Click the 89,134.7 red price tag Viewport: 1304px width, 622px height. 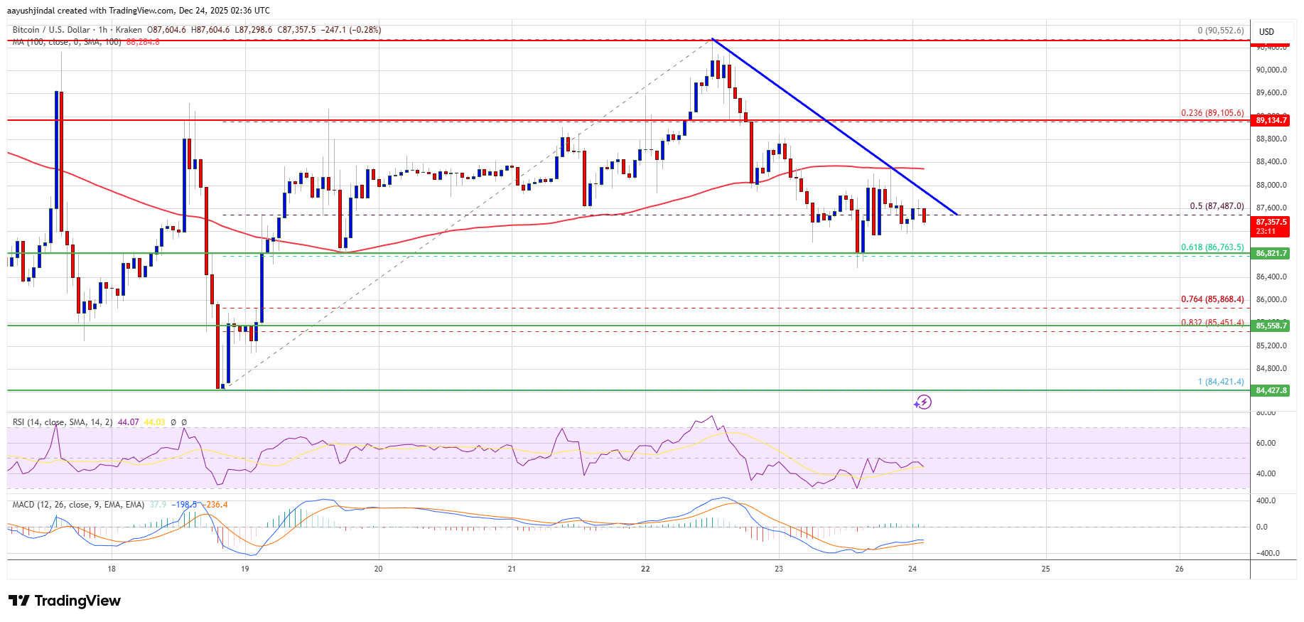click(x=1271, y=120)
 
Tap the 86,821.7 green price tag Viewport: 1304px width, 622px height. click(x=1271, y=253)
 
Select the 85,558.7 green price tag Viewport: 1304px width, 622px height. click(x=1271, y=326)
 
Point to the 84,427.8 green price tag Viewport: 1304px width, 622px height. click(x=1271, y=390)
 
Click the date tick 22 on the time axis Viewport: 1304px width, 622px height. click(x=645, y=569)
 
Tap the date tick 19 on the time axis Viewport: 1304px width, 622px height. click(x=245, y=569)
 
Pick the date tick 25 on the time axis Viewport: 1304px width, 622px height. click(x=1045, y=569)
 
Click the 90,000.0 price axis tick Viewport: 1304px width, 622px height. click(x=1271, y=70)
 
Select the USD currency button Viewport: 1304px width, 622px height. click(x=1266, y=31)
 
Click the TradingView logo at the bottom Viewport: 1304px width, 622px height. click(x=65, y=601)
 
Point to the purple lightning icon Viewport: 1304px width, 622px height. click(x=922, y=402)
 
